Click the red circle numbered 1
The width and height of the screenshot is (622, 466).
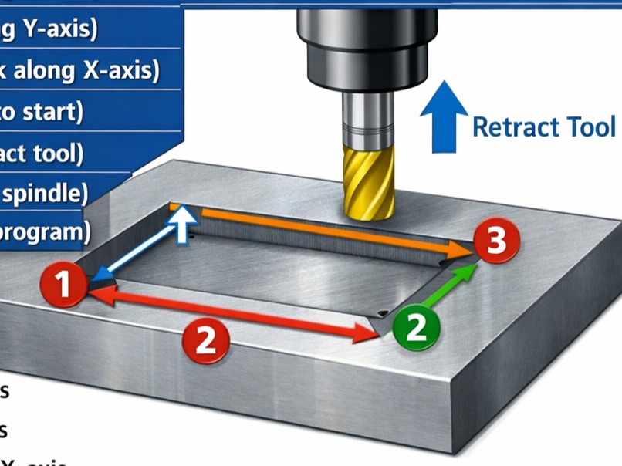64,285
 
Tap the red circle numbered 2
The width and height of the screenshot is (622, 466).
205,339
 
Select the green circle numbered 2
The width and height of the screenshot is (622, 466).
416,326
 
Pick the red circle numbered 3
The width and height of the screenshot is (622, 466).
496,240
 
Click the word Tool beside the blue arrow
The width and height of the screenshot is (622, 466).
590,126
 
